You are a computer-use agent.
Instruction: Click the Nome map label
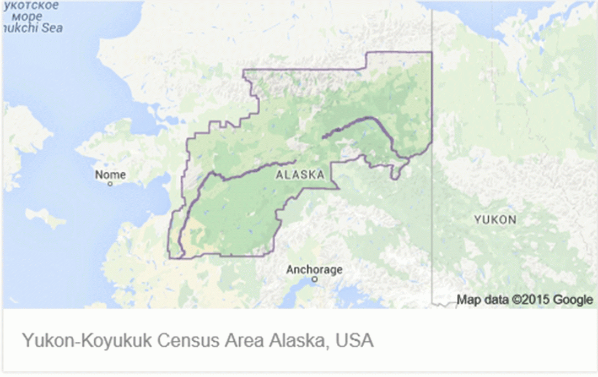(110, 174)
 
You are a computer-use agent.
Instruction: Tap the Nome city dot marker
(110, 184)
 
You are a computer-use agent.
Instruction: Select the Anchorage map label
(314, 270)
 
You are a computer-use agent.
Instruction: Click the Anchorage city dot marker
(315, 280)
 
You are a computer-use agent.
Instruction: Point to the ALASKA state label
(299, 175)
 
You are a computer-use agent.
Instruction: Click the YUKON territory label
(495, 220)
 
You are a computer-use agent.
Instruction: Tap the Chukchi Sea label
(32, 28)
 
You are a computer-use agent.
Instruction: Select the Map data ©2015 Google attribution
(524, 299)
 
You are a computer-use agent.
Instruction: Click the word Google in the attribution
(573, 299)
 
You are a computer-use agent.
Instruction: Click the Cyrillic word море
(30, 17)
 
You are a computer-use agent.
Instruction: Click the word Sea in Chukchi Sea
(52, 28)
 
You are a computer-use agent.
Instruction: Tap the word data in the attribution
(493, 299)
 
